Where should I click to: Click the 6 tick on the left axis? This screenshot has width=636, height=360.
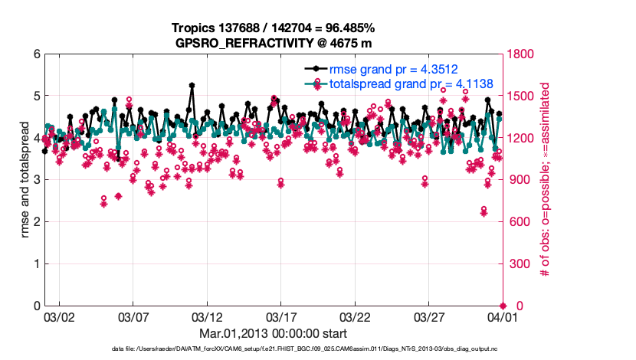point(37,54)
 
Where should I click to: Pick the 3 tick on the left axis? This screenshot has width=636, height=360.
point(37,180)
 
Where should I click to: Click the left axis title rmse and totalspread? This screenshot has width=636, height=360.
point(25,180)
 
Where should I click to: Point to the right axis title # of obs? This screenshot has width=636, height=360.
point(546,180)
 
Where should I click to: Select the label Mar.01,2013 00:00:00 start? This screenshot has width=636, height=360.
point(274,333)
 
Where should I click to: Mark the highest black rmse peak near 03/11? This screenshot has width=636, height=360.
point(192,85)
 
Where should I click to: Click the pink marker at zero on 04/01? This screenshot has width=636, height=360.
point(503,306)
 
